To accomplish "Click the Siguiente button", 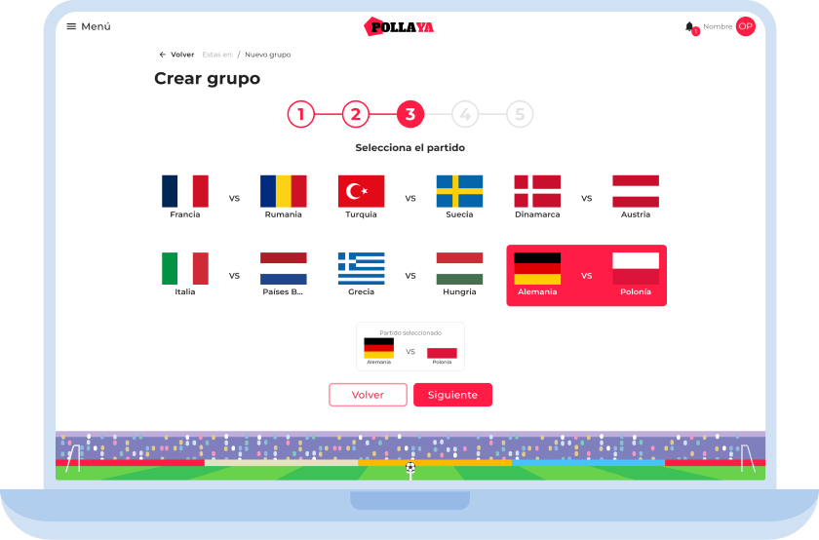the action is pos(452,395).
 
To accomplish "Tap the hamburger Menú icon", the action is pos(71,26).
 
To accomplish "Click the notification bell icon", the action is pos(689,26).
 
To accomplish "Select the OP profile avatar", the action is pos(745,26).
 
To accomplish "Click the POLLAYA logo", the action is pos(399,26).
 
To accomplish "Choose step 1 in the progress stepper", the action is pos(301,114).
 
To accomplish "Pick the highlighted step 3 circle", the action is pos(410,114).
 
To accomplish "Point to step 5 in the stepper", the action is pos(520,114).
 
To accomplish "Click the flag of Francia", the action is pos(185,191).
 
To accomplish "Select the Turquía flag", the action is pos(362,191).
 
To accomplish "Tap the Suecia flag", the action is pos(459,191).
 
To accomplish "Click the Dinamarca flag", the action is pos(537,191).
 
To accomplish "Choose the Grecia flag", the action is pos(362,268).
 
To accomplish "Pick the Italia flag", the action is pos(185,268).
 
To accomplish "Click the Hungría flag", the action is pos(459,268).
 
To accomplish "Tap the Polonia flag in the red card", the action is pos(636,268).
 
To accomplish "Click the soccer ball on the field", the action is pos(410,468).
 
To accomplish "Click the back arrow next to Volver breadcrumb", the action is pos(163,55).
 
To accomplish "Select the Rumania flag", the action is pos(284,191).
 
